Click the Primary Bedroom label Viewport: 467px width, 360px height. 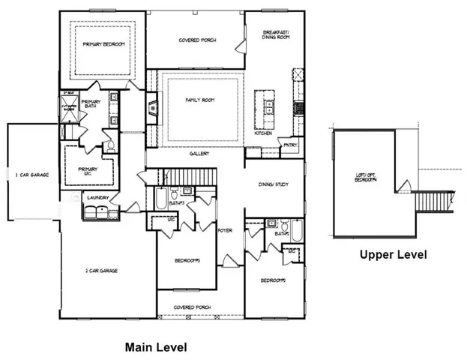coord(103,44)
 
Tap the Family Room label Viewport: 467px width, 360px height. coord(200,99)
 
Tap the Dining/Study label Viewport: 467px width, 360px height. coord(273,184)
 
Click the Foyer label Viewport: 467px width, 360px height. coord(223,230)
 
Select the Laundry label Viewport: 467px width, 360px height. coord(98,198)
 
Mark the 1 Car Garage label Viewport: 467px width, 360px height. coord(31,174)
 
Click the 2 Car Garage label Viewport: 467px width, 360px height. coord(107,270)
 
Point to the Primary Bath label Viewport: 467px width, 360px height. coord(91,105)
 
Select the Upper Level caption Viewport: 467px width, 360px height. coord(393,254)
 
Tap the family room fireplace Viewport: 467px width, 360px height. coord(153,109)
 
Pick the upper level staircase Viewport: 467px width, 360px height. coord(430,200)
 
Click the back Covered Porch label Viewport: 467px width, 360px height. coord(197,40)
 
